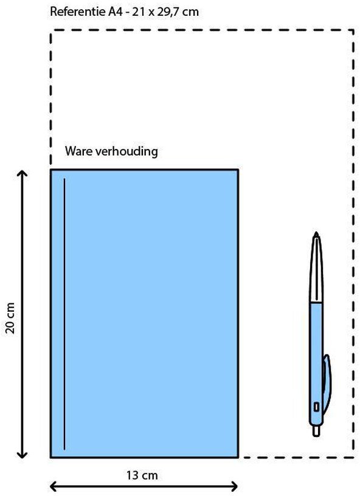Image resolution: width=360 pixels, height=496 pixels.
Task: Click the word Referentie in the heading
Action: (77, 12)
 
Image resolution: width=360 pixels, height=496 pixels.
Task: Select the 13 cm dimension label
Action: (142, 475)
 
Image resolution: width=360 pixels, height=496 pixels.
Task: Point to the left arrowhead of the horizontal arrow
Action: (54, 486)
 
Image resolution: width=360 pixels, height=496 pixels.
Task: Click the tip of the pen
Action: (316, 233)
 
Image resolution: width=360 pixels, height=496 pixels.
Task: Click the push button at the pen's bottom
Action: (316, 431)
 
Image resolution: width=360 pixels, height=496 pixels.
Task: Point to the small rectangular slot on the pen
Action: (316, 407)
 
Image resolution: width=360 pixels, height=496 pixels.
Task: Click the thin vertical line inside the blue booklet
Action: (64, 314)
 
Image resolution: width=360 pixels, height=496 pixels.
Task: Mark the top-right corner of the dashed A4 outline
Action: (353, 30)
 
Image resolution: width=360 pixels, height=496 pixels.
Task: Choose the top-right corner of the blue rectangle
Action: (238, 170)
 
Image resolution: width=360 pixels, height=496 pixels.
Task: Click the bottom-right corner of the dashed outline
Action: (353, 458)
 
